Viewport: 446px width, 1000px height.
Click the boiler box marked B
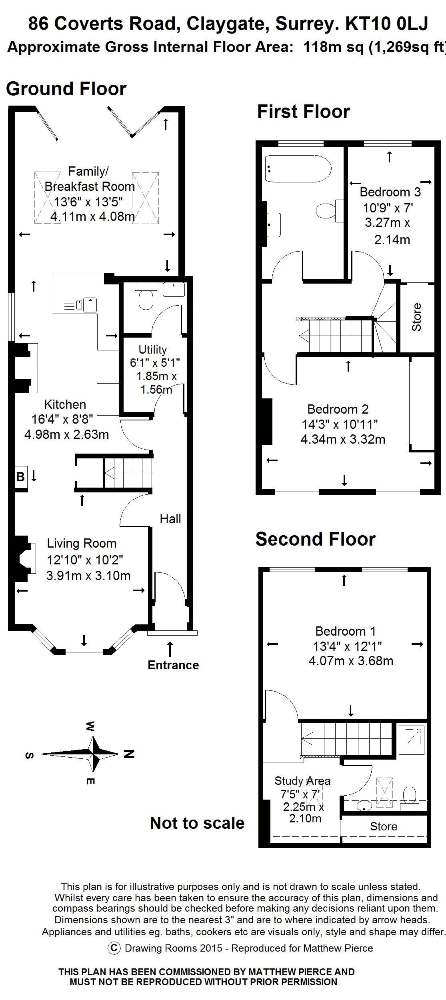[21, 477]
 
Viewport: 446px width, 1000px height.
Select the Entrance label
[173, 665]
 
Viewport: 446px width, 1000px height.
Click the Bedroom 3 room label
[390, 192]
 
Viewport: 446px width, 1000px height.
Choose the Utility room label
[152, 350]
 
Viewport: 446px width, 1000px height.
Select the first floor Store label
[417, 317]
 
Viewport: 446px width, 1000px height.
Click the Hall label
[170, 519]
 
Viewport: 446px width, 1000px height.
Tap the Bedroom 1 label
[346, 631]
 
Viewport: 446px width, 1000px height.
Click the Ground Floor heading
[66, 88]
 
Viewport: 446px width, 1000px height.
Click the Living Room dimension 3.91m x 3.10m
[88, 576]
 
